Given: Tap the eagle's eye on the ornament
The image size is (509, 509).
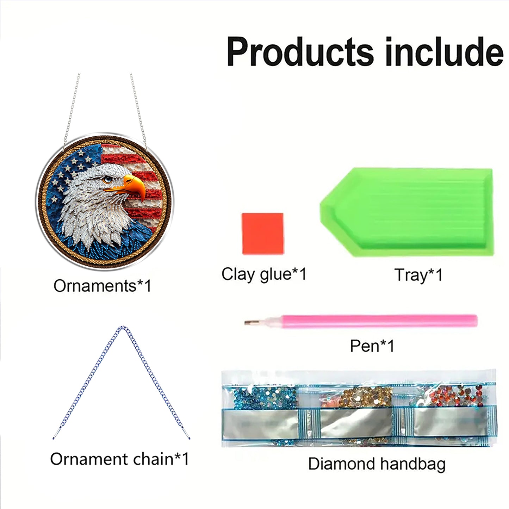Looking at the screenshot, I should [x=107, y=180].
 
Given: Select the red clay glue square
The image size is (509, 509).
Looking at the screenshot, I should [x=263, y=233].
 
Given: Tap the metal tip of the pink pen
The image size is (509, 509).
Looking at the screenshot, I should [x=251, y=322].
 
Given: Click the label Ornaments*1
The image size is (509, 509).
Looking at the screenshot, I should [x=102, y=286].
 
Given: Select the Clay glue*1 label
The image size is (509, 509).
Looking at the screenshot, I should [x=264, y=274].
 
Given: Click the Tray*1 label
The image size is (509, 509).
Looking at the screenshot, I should [x=418, y=275].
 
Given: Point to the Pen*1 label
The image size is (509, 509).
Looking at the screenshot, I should [x=372, y=346].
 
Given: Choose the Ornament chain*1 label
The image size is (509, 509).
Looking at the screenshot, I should [x=119, y=459].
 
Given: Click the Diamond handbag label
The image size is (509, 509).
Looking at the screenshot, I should [x=377, y=464].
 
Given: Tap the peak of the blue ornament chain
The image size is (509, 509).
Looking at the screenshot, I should [x=122, y=328].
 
